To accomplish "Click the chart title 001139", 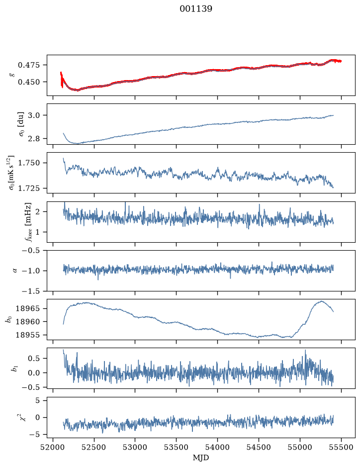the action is click(x=195, y=9).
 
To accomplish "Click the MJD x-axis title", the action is click(x=201, y=457).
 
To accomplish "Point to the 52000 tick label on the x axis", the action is click(x=53, y=447).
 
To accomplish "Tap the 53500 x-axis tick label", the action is click(x=177, y=447).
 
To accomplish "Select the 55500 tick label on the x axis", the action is click(x=341, y=447).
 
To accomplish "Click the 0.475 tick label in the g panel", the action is click(x=28, y=65).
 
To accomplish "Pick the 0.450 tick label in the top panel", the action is click(x=28, y=82).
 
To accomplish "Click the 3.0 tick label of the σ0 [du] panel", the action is click(x=34, y=115).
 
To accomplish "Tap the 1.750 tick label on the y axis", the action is click(x=28, y=163).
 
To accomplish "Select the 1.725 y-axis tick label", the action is click(x=28, y=188).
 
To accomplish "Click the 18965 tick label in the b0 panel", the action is click(x=27, y=308).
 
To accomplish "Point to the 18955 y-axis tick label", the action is click(x=27, y=335).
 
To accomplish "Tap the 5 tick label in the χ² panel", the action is click(x=37, y=400).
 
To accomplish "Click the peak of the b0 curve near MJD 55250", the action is click(x=321, y=301).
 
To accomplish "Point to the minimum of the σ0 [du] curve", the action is click(x=78, y=144).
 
